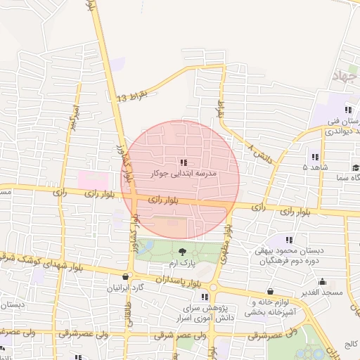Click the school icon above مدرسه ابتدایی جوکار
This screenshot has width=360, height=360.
tap(183, 163)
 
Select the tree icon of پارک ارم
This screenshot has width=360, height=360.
tap(183, 251)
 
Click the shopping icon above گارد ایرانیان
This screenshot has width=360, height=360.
tap(126, 276)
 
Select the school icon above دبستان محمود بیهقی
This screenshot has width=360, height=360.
tap(290, 240)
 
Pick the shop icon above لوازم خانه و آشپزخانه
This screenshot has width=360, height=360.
tap(270, 291)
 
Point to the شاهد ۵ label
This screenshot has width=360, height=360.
tap(314, 168)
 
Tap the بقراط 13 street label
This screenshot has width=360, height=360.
tap(133, 95)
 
